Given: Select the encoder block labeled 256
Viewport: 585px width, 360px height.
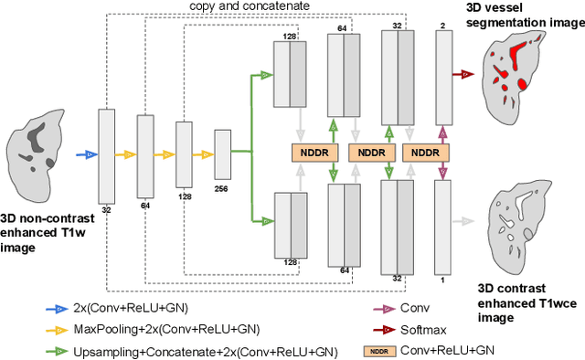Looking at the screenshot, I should [222, 154].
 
